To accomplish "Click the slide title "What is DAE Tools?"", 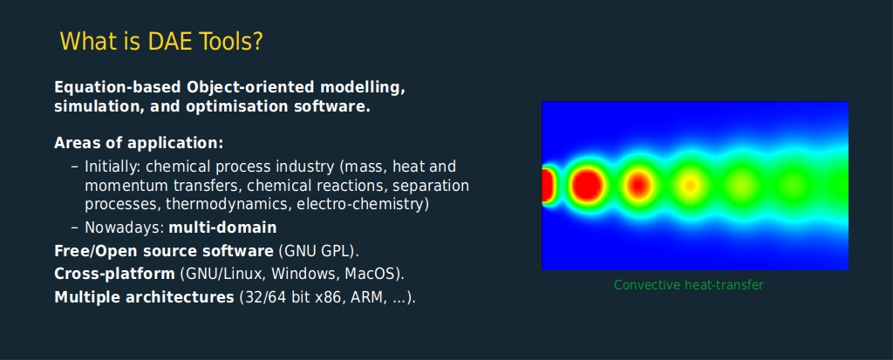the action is point(161,42).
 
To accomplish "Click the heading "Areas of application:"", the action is point(139,143).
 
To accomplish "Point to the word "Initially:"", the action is point(113,167).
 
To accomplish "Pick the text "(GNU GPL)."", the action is point(318,251).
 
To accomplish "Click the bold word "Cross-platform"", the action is point(114,274).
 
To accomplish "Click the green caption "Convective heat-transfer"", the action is point(689,285).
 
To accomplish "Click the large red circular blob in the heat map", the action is point(587,185).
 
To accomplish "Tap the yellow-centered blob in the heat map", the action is point(690,185).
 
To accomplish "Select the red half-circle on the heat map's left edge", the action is point(547,185).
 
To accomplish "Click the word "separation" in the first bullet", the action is point(431,186).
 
